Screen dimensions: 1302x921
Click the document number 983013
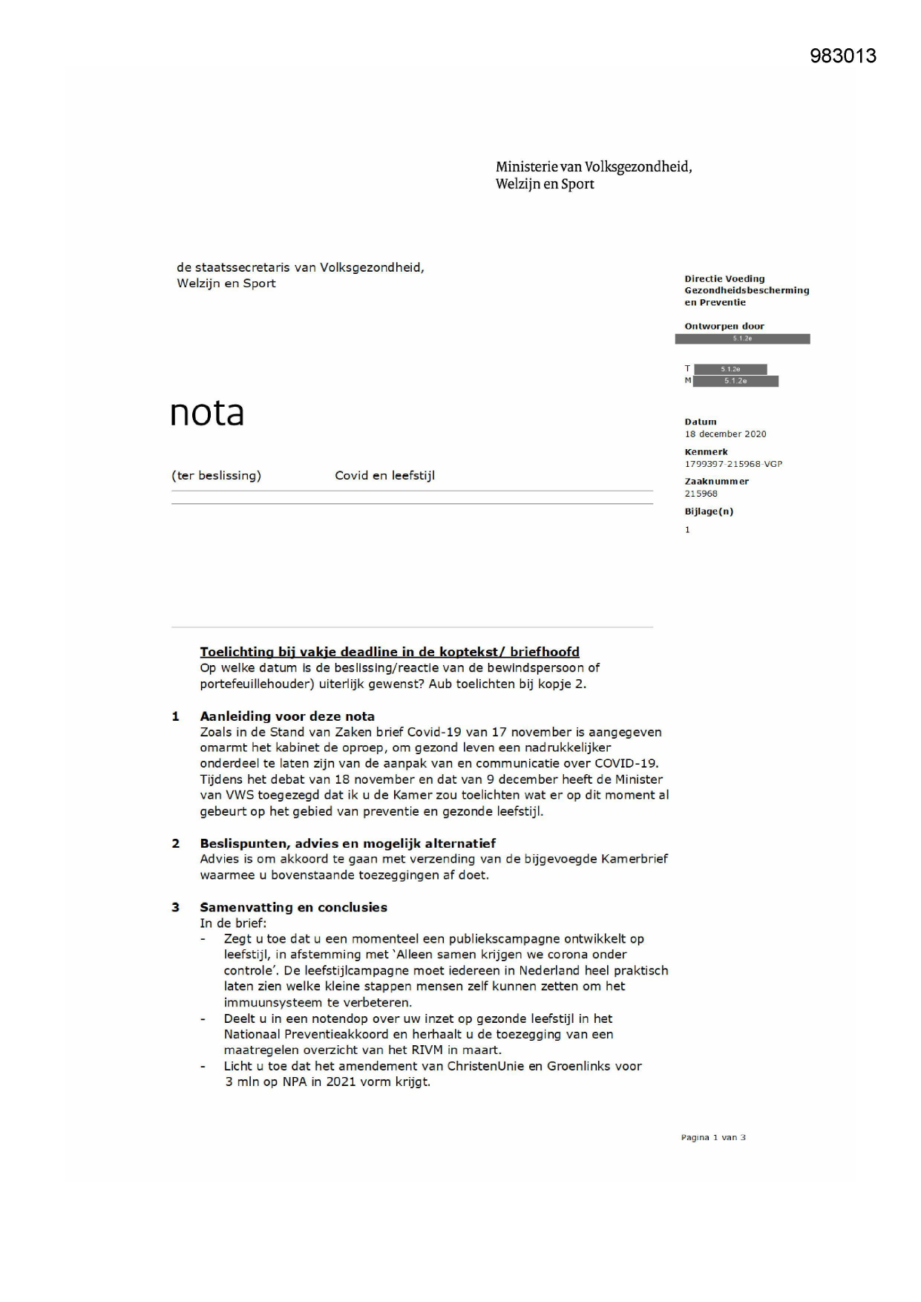click(842, 56)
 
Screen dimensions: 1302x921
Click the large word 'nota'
click(207, 413)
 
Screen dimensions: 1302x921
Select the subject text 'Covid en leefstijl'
click(384, 476)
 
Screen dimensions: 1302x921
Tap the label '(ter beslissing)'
click(216, 476)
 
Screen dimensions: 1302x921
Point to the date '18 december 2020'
click(725, 434)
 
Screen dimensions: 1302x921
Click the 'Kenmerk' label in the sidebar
click(706, 452)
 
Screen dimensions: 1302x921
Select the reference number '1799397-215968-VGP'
click(733, 464)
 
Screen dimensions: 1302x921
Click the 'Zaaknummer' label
click(716, 482)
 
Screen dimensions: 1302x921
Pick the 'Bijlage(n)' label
click(709, 511)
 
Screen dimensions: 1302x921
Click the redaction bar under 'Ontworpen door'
click(742, 339)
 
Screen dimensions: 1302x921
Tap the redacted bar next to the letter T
click(730, 369)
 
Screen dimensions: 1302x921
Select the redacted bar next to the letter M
click(735, 382)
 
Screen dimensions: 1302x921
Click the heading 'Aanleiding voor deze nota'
click(287, 716)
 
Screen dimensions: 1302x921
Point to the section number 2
click(176, 843)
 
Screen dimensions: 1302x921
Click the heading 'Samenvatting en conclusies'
click(293, 907)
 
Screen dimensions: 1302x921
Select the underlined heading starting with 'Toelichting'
click(390, 652)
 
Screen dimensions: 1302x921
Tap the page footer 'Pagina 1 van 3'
click(713, 1137)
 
